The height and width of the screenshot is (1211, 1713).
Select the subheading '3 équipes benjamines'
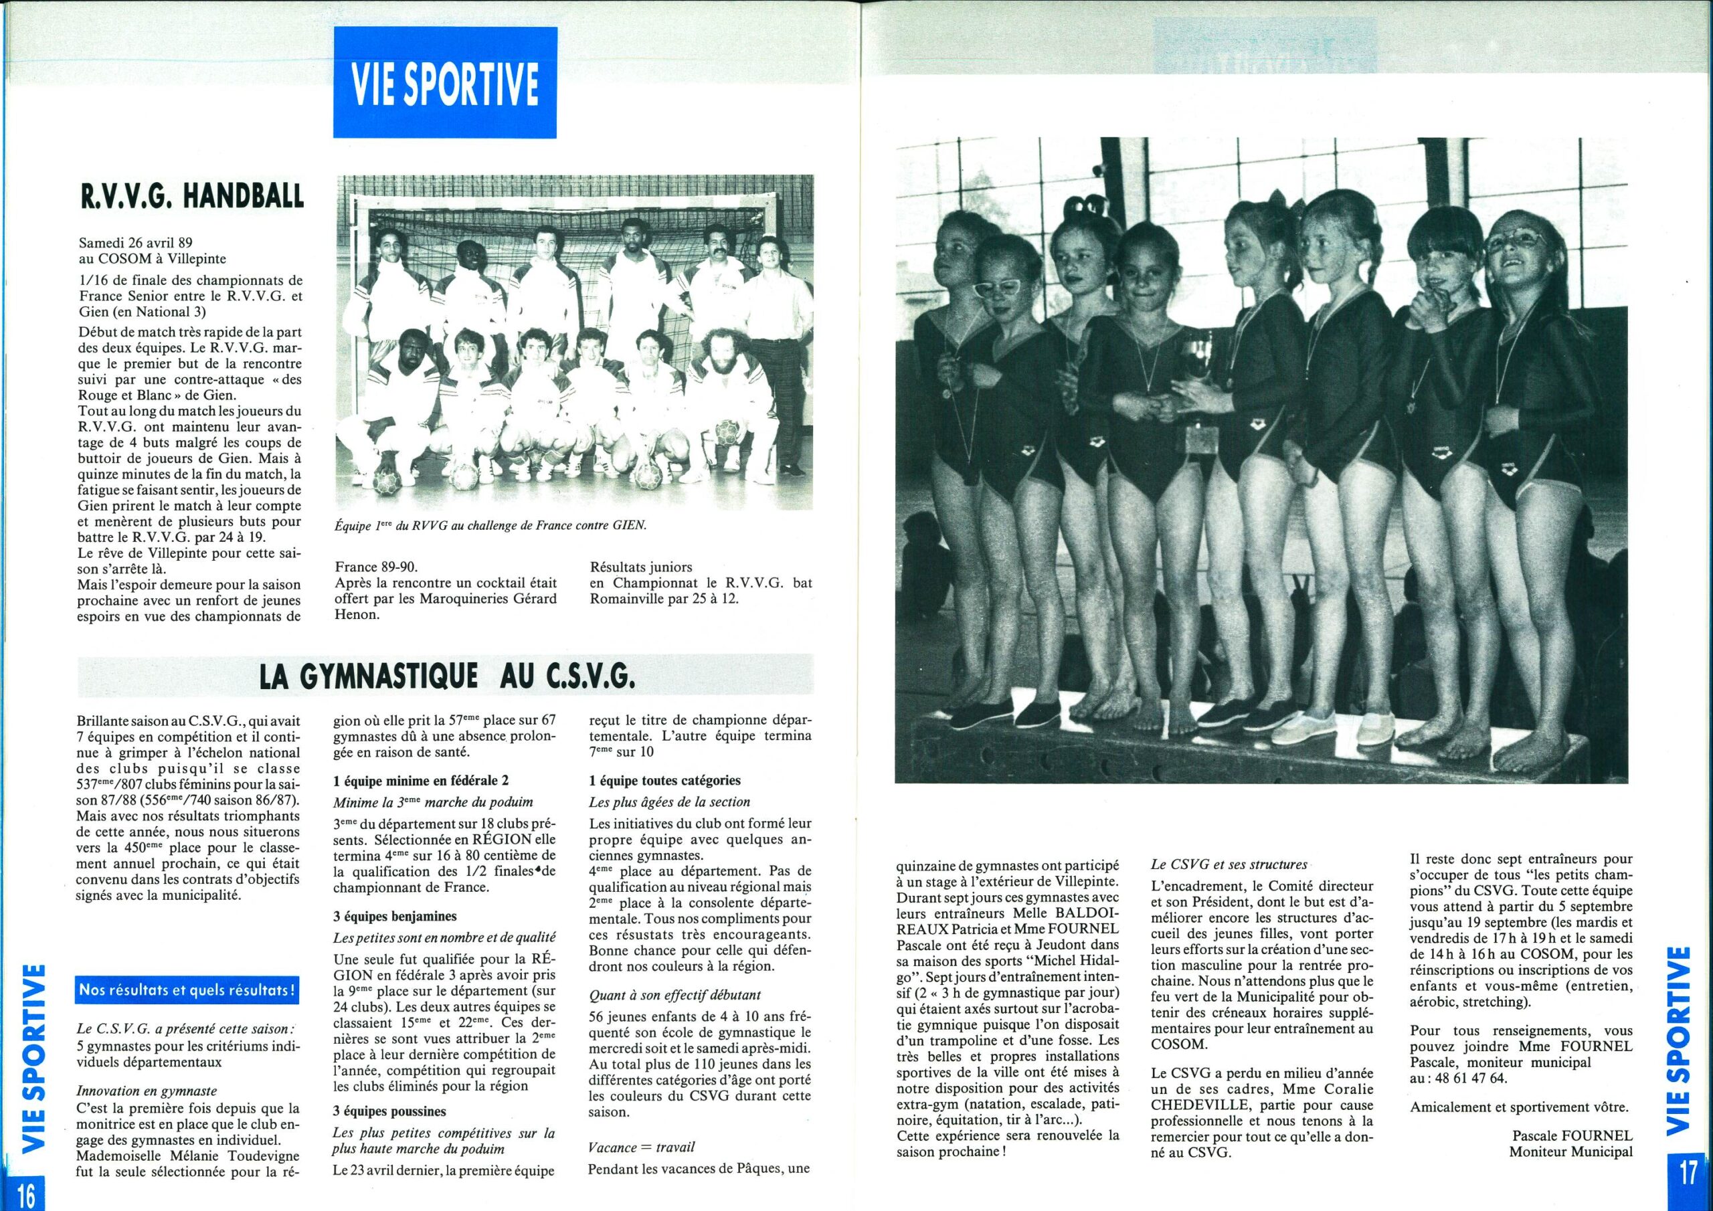[395, 915]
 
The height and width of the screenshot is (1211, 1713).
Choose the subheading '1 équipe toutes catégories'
[664, 781]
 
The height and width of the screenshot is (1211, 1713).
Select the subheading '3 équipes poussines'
[389, 1111]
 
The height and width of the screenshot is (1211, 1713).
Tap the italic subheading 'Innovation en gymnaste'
[147, 1091]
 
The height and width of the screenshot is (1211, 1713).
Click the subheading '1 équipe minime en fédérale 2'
[421, 781]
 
